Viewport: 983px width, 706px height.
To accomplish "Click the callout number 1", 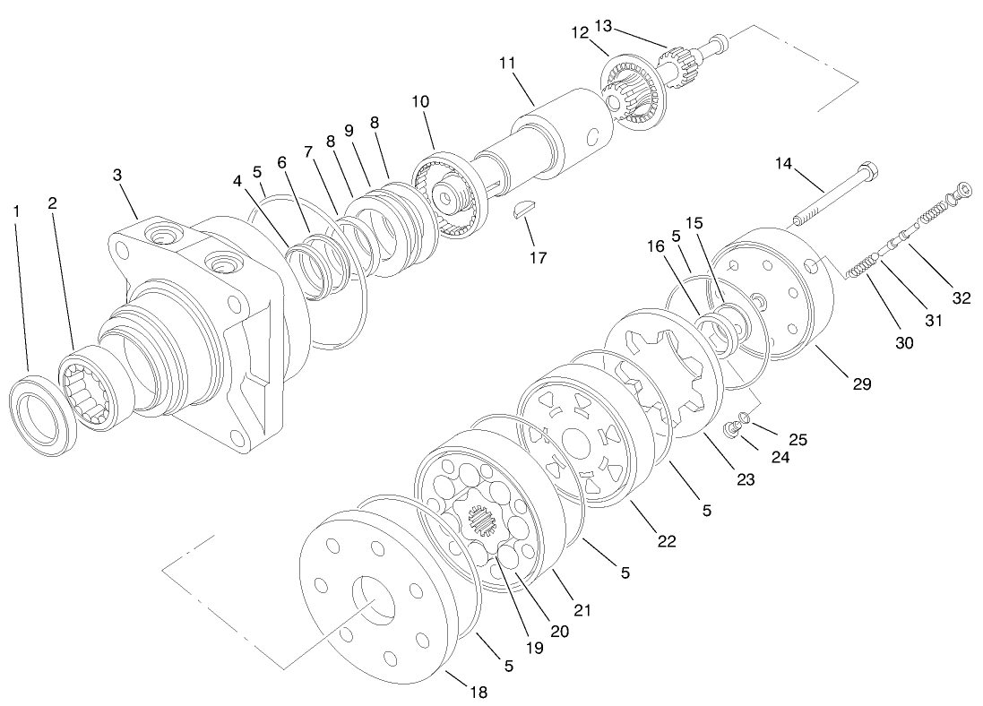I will (16, 211).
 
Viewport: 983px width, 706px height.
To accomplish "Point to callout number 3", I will (117, 174).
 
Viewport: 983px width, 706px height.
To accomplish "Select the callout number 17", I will (538, 257).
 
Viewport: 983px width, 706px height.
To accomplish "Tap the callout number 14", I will (784, 163).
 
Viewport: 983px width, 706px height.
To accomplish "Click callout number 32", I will (961, 298).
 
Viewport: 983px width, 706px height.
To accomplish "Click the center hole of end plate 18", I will (375, 601).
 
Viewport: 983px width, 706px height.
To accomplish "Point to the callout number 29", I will (861, 383).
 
